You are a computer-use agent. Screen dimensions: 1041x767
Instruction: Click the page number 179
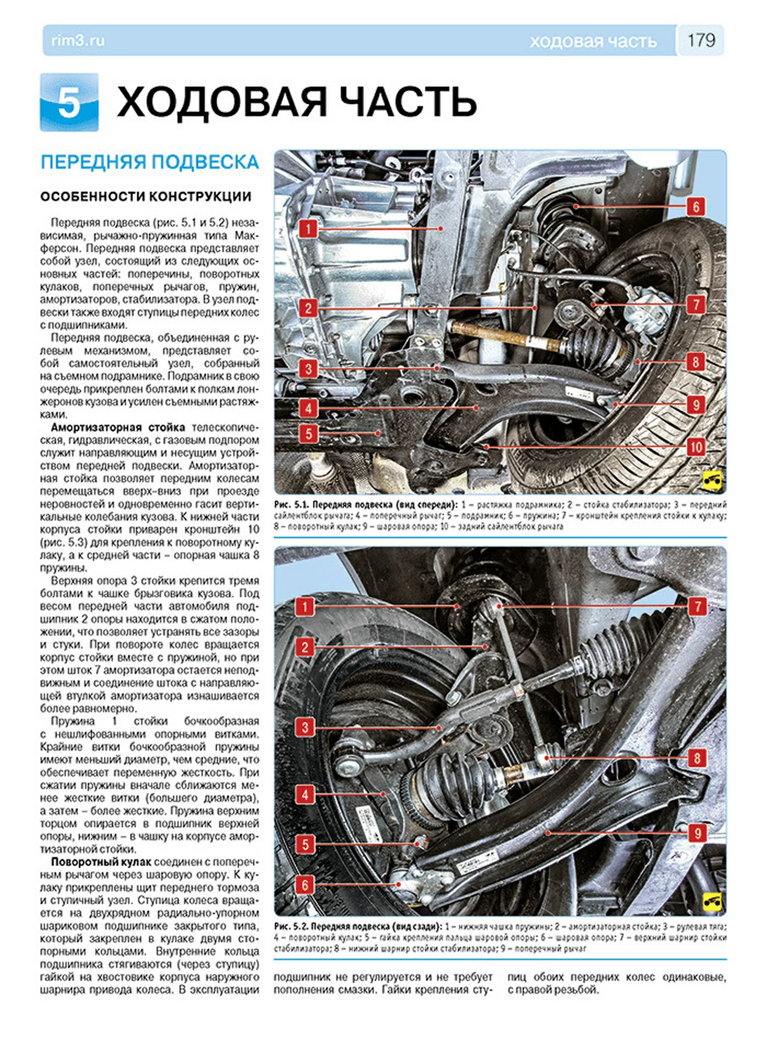pyautogui.click(x=701, y=40)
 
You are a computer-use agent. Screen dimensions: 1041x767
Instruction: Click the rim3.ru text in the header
pyautogui.click(x=78, y=41)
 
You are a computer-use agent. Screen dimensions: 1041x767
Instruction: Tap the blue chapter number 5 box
pyautogui.click(x=69, y=102)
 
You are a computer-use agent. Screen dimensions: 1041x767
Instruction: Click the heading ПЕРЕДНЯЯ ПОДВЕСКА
pyautogui.click(x=150, y=162)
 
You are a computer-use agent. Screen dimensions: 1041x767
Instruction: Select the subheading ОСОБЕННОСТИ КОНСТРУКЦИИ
pyautogui.click(x=146, y=197)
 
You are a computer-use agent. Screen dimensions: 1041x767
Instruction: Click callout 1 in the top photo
pyautogui.click(x=308, y=229)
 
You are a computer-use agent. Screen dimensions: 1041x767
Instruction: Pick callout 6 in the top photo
pyautogui.click(x=696, y=207)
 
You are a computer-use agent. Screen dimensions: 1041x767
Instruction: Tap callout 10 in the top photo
pyautogui.click(x=696, y=447)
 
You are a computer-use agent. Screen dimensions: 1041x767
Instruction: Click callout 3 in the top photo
pyautogui.click(x=308, y=369)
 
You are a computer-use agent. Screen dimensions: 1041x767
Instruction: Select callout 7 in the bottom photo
pyautogui.click(x=697, y=607)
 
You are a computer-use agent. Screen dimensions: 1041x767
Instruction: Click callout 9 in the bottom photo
pyautogui.click(x=697, y=833)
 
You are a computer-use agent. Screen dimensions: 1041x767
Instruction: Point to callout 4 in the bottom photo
pyautogui.click(x=305, y=794)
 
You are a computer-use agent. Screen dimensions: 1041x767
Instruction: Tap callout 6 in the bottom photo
pyautogui.click(x=305, y=885)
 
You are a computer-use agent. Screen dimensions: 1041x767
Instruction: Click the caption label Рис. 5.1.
pyautogui.click(x=290, y=505)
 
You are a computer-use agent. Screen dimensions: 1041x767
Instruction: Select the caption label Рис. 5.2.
pyautogui.click(x=290, y=927)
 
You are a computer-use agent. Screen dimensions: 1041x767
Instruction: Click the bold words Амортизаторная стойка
pyautogui.click(x=118, y=427)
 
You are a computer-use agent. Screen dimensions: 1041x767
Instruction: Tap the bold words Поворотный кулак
pyautogui.click(x=101, y=862)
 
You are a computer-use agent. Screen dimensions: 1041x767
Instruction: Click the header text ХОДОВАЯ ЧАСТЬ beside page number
pyautogui.click(x=593, y=41)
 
